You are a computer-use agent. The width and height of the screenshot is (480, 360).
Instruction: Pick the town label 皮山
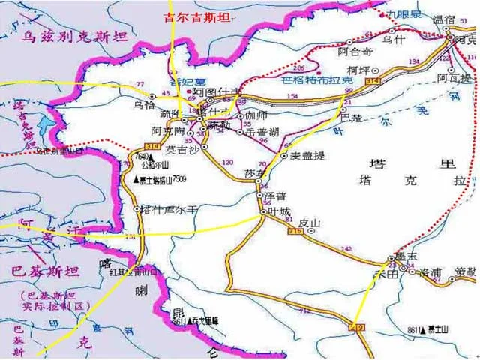(x=309, y=223)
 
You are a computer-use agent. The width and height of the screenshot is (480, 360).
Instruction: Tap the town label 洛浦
(x=430, y=274)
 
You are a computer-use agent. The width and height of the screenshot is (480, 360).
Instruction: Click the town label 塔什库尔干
(x=169, y=210)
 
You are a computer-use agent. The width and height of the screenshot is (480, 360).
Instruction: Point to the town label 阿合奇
(x=355, y=52)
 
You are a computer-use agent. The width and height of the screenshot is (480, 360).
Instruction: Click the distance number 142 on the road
(x=346, y=248)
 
